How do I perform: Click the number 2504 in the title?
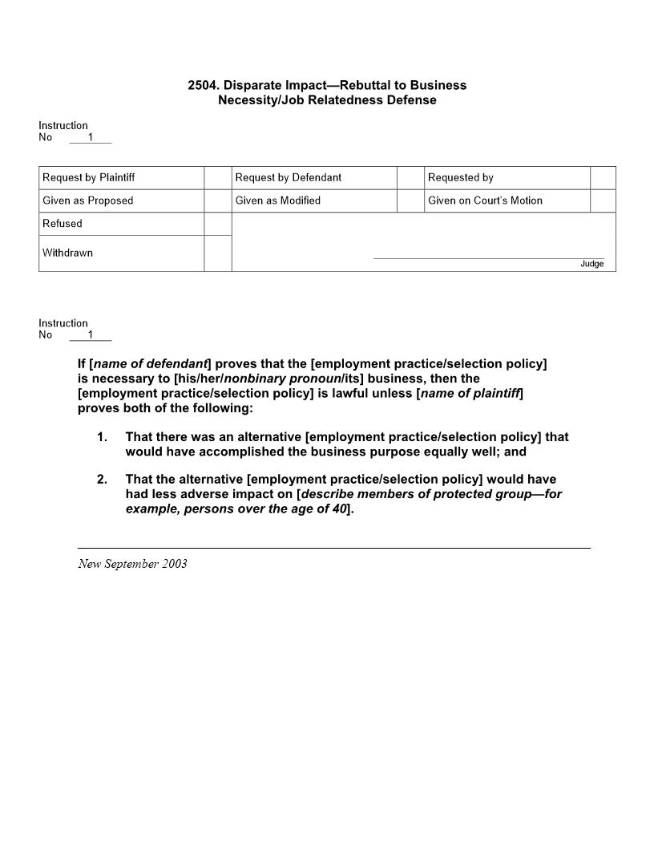(202, 85)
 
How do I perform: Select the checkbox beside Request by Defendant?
(410, 177)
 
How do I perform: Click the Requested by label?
(461, 177)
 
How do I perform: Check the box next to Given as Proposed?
(217, 201)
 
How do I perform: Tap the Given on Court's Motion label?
(485, 201)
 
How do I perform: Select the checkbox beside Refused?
(217, 224)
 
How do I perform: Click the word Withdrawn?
(67, 253)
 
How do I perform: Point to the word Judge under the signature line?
(592, 264)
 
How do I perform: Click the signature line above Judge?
(489, 258)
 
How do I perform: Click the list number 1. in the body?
(102, 437)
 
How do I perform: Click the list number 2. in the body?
(102, 480)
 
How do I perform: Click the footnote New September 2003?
(132, 563)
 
